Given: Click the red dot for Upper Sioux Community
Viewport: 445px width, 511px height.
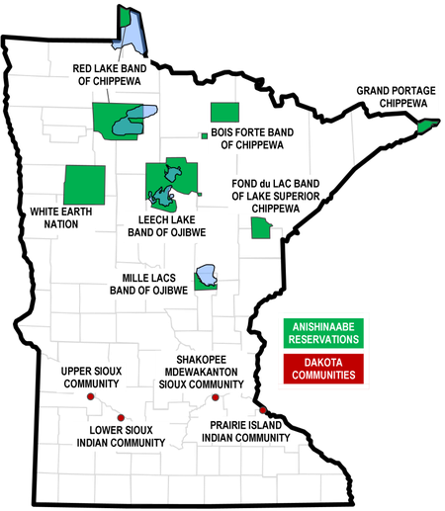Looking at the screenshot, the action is point(91,396).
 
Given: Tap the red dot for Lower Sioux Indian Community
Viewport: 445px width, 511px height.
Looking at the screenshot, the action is point(121,418).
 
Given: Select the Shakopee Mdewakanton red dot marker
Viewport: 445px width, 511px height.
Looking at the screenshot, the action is point(216,397).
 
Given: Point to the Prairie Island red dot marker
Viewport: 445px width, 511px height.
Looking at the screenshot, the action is point(263,410).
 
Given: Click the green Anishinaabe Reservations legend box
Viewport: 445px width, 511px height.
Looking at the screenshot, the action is point(323,333).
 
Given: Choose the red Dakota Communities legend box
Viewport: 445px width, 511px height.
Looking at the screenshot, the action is point(323,369).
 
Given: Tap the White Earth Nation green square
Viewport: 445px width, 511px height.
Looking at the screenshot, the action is point(84,185).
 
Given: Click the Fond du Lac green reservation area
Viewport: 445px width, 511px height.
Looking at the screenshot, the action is point(261,228).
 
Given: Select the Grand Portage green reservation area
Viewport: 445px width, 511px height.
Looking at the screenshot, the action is point(427,126).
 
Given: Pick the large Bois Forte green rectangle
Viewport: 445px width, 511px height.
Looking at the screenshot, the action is point(224,113).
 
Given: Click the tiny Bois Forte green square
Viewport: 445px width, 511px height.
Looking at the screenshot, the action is point(205,135).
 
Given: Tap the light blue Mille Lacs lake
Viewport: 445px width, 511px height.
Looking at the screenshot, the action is point(207,275).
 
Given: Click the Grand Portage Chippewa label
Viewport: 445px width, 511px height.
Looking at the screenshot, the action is point(396,97).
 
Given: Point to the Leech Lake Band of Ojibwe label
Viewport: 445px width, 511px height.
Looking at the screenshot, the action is point(167,226).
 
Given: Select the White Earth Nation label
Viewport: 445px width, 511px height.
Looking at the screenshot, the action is point(61,217).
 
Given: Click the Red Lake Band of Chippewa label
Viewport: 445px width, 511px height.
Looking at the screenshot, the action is point(110,75).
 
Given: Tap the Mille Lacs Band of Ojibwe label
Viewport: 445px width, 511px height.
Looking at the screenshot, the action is point(148,284).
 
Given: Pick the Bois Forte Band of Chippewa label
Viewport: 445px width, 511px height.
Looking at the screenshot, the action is point(252,138).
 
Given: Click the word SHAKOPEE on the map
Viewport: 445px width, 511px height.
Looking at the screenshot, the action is point(202,360).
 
